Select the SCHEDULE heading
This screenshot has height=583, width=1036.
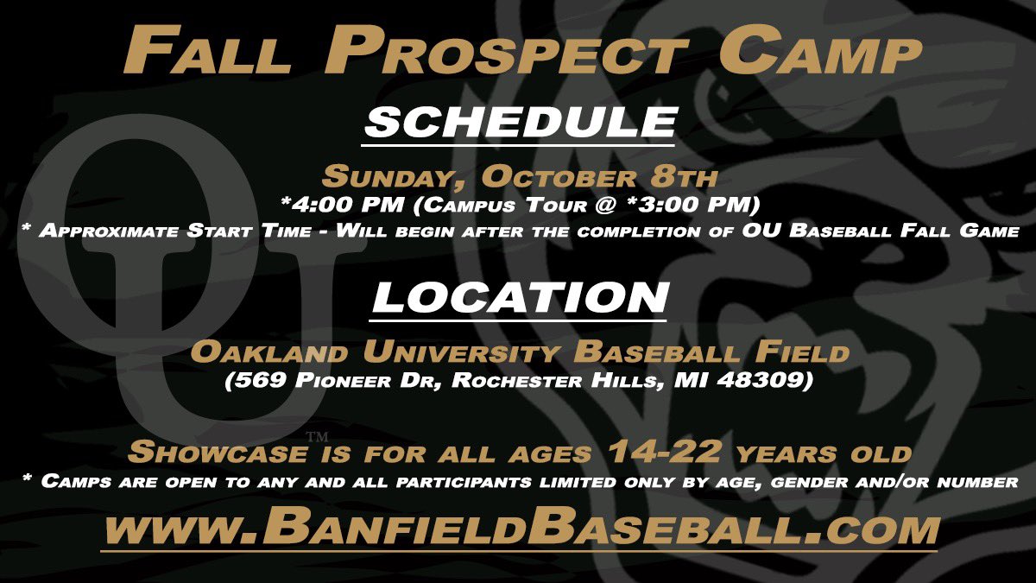[x=518, y=122]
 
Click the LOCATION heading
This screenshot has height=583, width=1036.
[x=520, y=298]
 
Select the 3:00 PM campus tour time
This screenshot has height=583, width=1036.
[x=720, y=205]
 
